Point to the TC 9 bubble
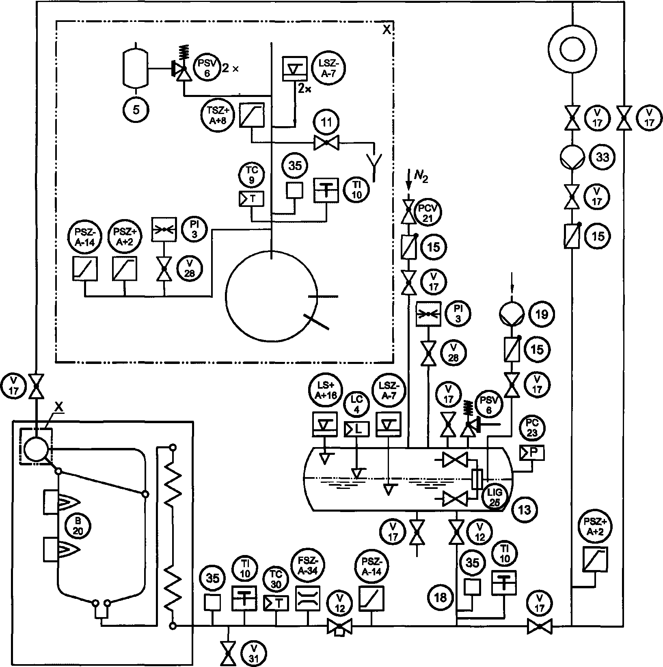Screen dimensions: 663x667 (252, 174)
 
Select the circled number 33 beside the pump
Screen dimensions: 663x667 (602, 157)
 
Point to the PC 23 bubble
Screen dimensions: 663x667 (532, 428)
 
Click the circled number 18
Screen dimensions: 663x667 (440, 597)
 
